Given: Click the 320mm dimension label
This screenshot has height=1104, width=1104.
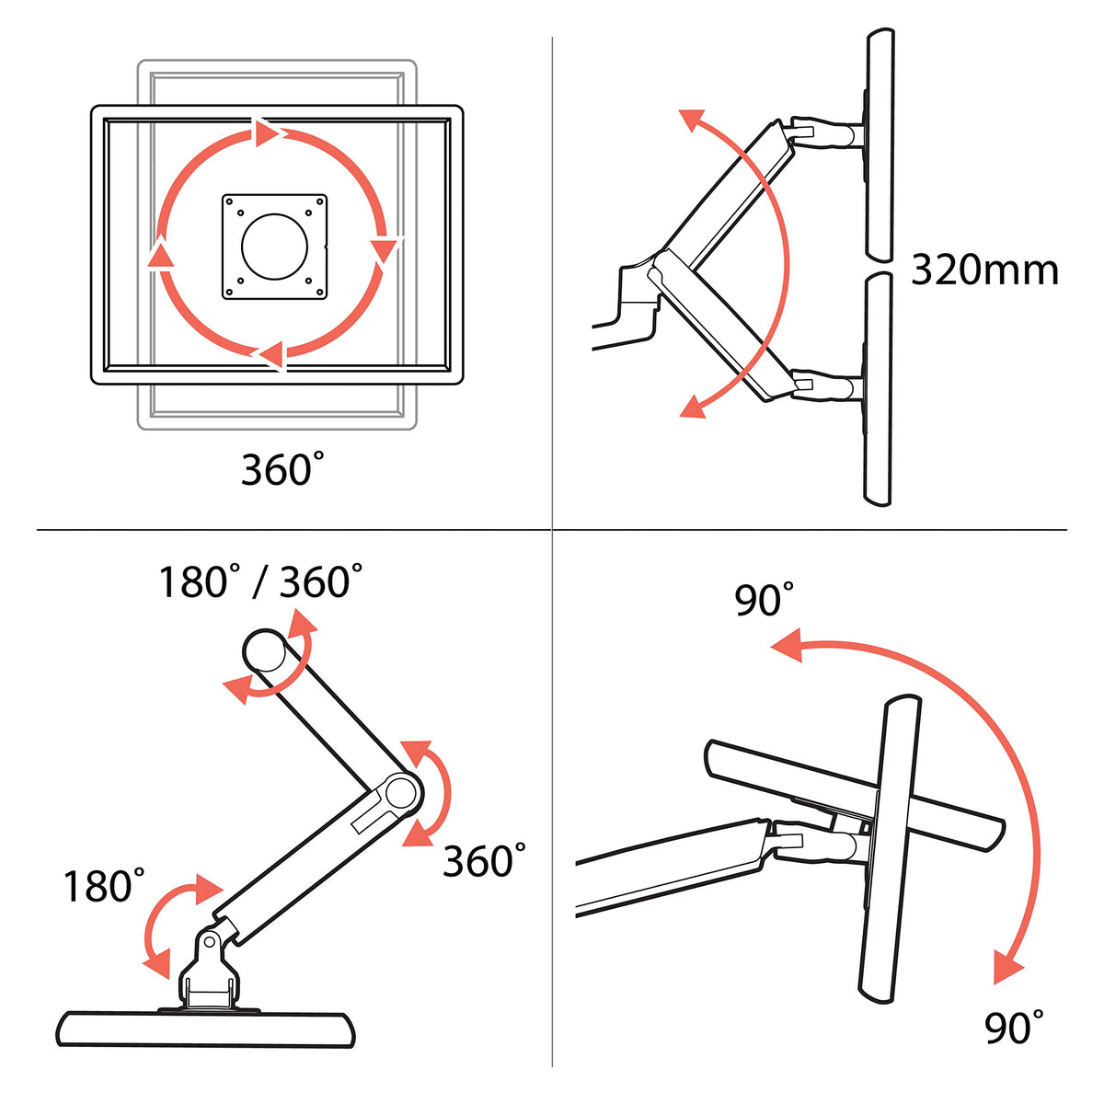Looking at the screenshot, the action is click(x=983, y=270).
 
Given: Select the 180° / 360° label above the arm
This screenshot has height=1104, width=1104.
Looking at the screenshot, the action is click(x=260, y=581).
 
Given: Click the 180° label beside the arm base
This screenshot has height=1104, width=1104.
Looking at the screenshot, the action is click(x=104, y=886).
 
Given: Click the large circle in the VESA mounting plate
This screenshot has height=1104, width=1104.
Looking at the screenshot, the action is click(x=275, y=247).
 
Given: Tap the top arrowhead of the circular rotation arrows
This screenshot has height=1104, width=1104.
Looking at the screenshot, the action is click(x=266, y=132).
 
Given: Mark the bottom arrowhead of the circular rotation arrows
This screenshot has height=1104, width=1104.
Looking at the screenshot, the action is click(x=271, y=354).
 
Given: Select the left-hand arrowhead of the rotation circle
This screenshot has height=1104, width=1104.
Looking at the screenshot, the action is click(x=161, y=256).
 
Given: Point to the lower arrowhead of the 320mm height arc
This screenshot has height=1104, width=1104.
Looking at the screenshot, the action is click(x=692, y=407).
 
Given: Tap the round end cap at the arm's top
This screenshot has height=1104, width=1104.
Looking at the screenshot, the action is click(x=264, y=651).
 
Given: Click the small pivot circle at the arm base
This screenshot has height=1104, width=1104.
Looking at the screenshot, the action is click(x=210, y=941).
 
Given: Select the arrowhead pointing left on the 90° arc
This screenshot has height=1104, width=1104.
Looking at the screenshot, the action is click(x=786, y=645).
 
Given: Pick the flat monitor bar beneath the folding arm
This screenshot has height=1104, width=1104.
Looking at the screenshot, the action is click(x=206, y=1029).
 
